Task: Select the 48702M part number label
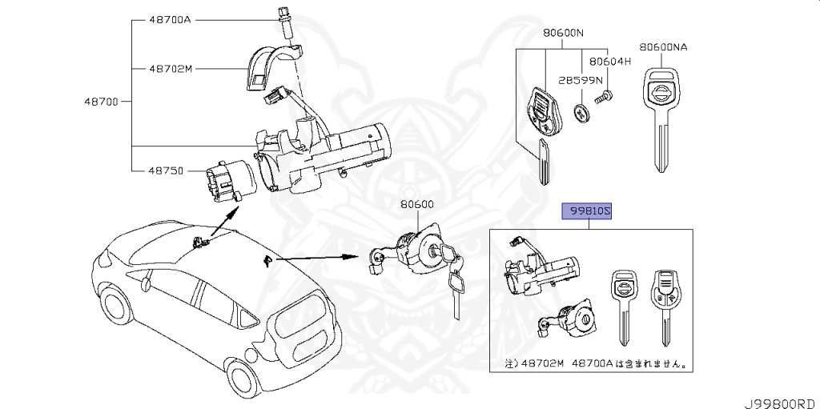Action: [x=171, y=69]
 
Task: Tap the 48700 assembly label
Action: [x=100, y=102]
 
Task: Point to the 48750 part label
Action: [x=166, y=170]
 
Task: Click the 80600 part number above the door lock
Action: [x=417, y=205]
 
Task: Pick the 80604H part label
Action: [x=610, y=61]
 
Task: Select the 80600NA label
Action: [x=664, y=47]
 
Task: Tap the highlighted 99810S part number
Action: [x=590, y=211]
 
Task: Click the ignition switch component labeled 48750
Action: [x=226, y=183]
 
